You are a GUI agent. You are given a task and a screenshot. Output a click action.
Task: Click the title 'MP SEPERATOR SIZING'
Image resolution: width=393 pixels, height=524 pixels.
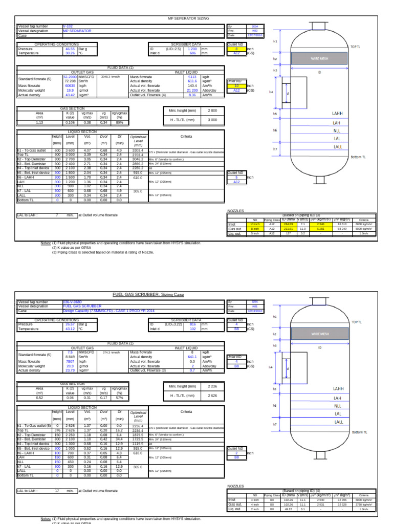point(188,18)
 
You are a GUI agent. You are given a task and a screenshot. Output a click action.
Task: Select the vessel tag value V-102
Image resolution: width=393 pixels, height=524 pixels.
point(68,26)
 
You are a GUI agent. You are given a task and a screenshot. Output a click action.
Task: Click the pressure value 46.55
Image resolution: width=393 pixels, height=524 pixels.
point(70,48)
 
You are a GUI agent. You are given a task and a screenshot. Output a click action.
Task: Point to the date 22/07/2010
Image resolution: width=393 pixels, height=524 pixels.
point(255,35)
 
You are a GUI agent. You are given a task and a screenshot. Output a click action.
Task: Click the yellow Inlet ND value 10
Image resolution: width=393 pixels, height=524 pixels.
point(236,85)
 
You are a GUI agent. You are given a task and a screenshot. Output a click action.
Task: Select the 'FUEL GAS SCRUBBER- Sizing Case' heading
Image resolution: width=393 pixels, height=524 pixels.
point(147,295)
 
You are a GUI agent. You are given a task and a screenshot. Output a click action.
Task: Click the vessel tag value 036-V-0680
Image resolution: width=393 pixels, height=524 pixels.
point(72,302)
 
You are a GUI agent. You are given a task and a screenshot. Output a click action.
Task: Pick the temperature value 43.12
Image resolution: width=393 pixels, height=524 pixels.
point(70,329)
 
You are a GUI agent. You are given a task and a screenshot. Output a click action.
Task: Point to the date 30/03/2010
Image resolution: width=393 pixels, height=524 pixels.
point(255,311)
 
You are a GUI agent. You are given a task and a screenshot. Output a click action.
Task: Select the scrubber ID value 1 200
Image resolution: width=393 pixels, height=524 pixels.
point(192,48)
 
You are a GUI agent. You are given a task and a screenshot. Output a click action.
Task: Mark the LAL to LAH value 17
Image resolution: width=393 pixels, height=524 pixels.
point(57,491)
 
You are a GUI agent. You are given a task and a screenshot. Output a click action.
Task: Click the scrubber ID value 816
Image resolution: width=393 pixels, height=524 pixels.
point(192,324)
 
